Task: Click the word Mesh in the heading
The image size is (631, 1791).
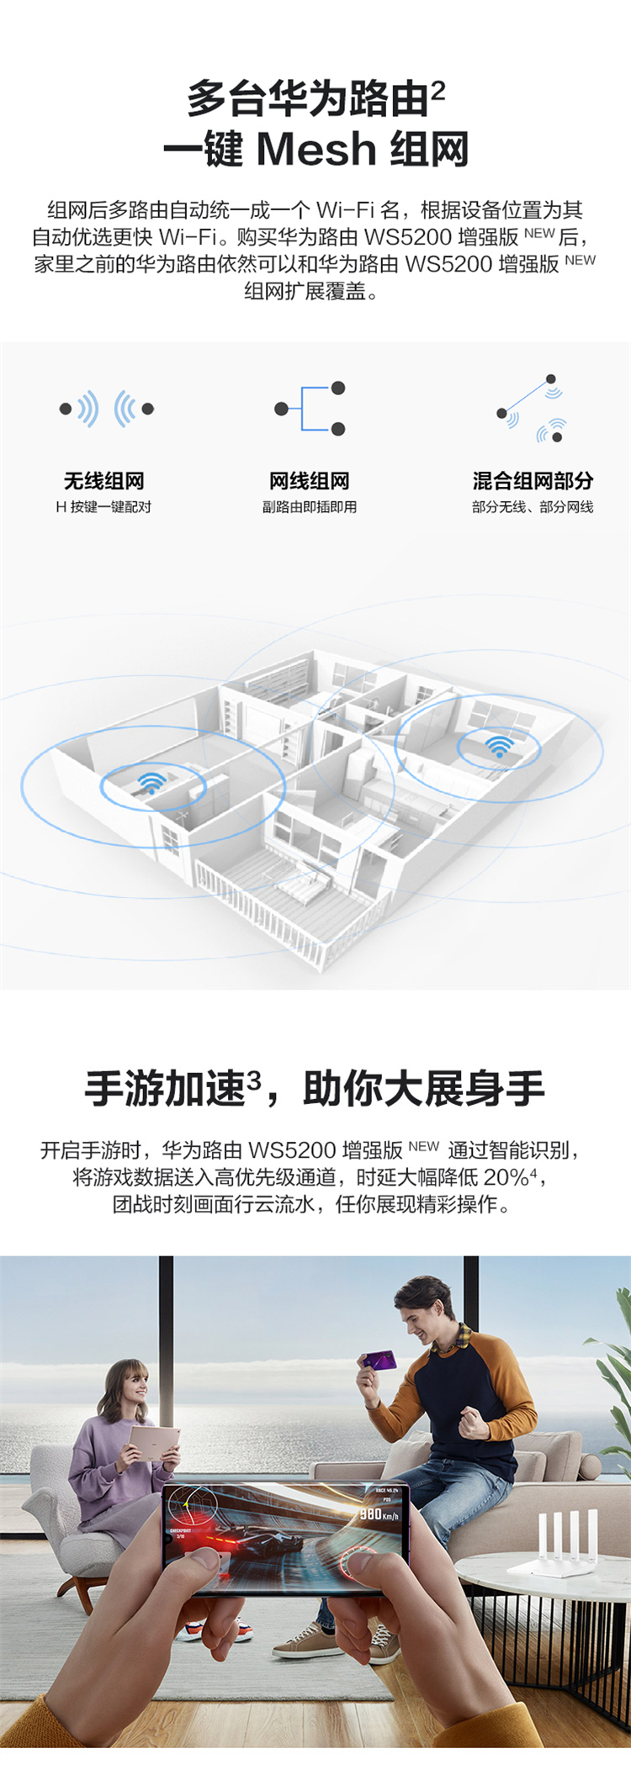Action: tap(315, 149)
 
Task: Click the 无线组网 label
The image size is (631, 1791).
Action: tap(104, 481)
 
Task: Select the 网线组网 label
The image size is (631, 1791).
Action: tap(309, 481)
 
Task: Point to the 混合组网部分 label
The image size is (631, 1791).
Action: tap(533, 481)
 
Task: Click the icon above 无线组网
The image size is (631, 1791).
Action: tap(106, 409)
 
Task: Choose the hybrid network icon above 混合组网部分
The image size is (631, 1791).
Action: tap(531, 409)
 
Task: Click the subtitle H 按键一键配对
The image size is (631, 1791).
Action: tap(103, 507)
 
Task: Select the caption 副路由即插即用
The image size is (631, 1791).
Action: tap(309, 507)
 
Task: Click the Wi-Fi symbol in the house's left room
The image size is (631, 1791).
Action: tap(151, 782)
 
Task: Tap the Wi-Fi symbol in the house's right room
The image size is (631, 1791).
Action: tap(499, 745)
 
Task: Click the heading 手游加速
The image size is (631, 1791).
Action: tap(165, 1089)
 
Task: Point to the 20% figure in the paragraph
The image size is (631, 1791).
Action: tap(505, 1177)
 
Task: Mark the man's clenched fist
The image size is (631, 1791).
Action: tap(474, 1422)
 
